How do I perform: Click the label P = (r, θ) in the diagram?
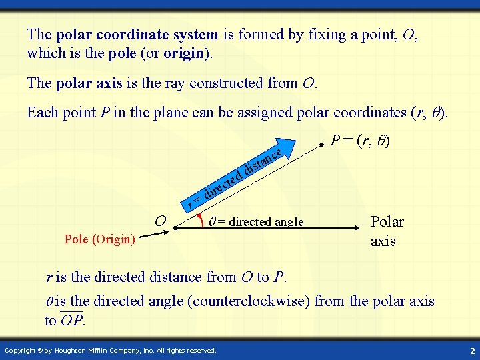click(x=361, y=141)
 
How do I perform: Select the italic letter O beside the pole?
click(x=160, y=221)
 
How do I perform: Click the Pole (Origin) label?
click(x=99, y=239)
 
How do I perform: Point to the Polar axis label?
click(x=387, y=231)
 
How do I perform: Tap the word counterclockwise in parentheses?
click(x=249, y=301)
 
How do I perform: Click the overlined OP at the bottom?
click(x=71, y=320)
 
